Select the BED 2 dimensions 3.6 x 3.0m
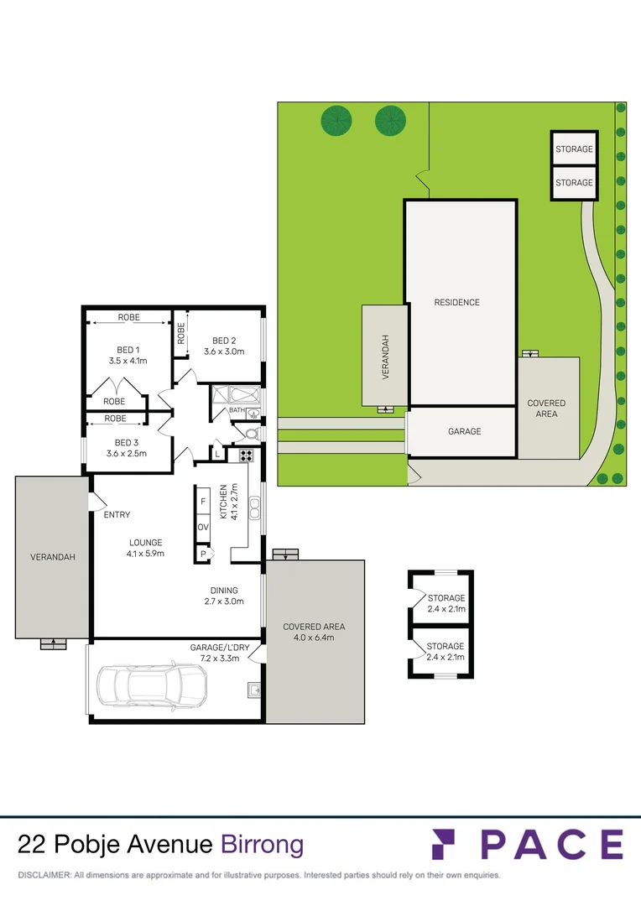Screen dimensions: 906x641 [x=223, y=351]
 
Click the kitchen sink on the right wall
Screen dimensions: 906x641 [x=255, y=507]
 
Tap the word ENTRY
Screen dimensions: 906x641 [x=117, y=515]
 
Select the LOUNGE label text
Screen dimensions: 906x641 [x=145, y=542]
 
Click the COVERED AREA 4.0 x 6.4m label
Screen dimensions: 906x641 [x=314, y=632]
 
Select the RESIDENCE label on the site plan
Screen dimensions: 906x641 [x=456, y=302]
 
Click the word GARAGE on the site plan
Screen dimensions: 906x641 [x=464, y=431]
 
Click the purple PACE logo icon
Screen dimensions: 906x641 [x=448, y=844]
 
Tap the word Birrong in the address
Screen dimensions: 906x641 [x=262, y=844]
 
